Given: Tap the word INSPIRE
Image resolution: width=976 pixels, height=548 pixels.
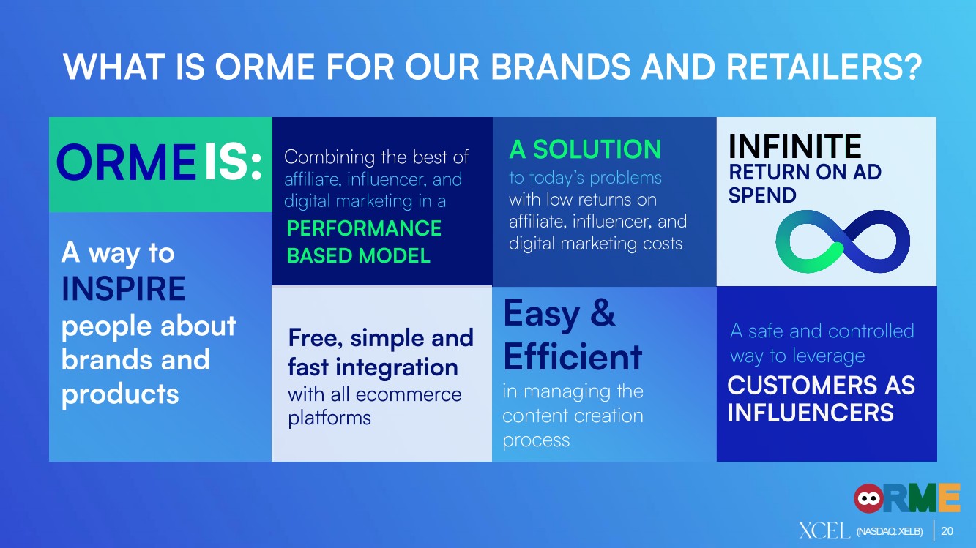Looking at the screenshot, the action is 123,288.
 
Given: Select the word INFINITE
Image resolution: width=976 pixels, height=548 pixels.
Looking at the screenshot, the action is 794,146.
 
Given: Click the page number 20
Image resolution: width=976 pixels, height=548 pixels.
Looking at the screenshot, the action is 947,531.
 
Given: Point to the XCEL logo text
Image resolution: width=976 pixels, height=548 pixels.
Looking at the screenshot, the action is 824,531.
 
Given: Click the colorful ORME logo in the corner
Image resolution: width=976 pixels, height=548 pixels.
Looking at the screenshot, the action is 906,498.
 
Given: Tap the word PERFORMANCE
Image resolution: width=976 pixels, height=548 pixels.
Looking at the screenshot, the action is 364,228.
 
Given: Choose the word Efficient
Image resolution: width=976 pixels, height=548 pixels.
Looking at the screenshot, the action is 573,357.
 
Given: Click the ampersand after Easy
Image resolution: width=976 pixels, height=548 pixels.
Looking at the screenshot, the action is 603,312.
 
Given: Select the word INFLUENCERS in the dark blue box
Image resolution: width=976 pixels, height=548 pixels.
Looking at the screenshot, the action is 811,412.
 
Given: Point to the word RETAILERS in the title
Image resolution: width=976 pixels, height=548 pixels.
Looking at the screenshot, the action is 824,67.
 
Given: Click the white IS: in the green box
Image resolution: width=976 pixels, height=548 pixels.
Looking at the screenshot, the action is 233,162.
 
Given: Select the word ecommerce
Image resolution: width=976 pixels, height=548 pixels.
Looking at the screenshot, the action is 409,395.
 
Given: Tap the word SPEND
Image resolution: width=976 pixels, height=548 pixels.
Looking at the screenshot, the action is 762,195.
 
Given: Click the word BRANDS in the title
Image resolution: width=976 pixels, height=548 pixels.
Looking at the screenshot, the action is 561,67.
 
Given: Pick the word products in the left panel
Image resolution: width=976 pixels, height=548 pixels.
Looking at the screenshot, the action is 120,394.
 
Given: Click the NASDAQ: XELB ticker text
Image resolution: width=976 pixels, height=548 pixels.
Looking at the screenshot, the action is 890,531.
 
